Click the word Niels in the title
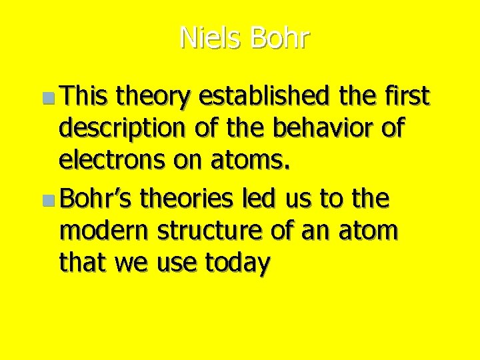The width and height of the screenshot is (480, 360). (211, 39)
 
